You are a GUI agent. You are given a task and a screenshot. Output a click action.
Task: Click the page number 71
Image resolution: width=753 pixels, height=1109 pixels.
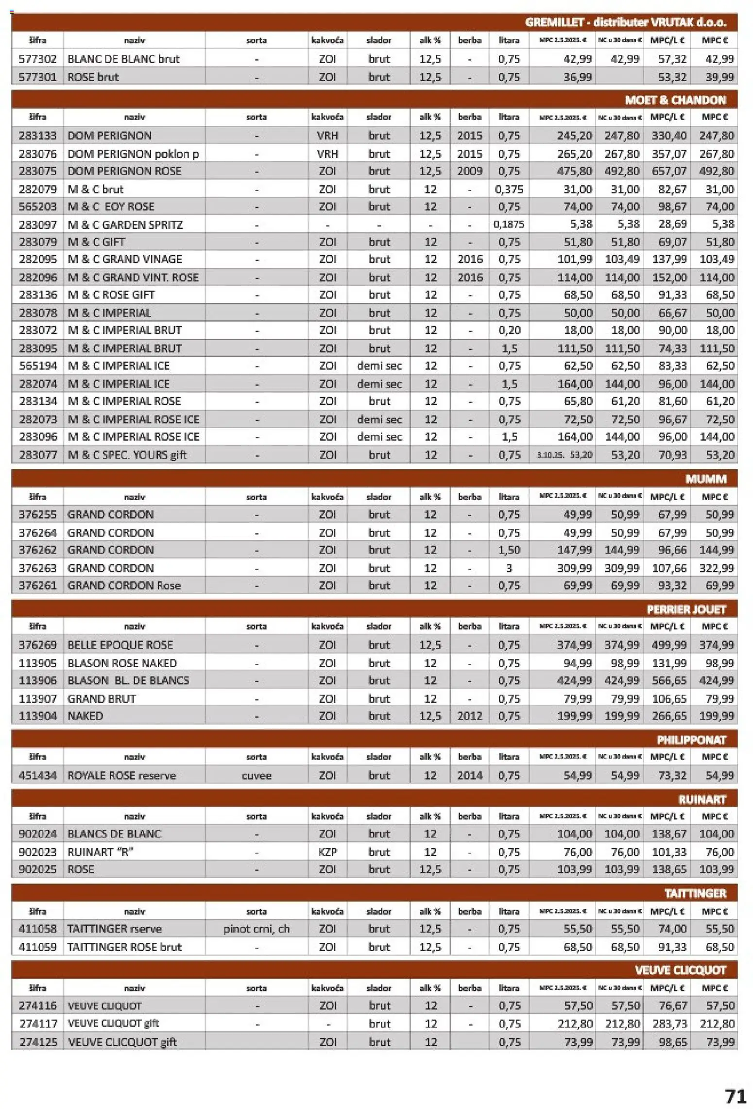[x=735, y=1096]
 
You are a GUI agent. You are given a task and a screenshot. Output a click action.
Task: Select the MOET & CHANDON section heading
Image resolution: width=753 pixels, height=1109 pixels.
[x=675, y=100]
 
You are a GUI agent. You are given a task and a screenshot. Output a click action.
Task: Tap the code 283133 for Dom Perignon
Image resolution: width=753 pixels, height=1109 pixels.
[x=37, y=136]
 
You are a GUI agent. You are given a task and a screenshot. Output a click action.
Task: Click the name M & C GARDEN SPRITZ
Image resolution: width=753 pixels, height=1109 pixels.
[x=125, y=225]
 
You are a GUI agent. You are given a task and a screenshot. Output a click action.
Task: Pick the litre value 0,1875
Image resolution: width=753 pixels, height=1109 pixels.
[x=509, y=225]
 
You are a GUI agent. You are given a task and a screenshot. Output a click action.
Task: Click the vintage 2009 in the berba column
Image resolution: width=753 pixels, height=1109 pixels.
[x=469, y=171]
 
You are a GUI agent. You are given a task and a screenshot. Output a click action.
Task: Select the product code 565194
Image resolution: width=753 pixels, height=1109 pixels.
[x=37, y=365]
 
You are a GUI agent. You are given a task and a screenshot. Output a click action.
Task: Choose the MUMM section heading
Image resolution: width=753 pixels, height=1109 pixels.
[x=705, y=479]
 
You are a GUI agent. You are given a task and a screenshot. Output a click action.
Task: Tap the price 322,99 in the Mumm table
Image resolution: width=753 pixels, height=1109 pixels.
[x=716, y=568]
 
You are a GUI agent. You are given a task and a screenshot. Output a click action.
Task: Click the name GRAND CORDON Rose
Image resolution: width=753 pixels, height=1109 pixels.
[x=124, y=586]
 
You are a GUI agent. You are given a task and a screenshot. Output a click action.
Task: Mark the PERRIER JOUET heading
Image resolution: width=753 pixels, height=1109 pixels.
[x=686, y=609]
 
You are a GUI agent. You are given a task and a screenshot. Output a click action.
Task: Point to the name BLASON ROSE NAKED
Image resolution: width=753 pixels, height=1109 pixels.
[x=122, y=663]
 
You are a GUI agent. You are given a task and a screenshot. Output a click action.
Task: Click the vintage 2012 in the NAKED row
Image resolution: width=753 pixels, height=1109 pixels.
[x=469, y=716]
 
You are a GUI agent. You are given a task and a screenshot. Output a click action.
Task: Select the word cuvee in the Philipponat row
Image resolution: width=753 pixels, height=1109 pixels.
[x=257, y=776]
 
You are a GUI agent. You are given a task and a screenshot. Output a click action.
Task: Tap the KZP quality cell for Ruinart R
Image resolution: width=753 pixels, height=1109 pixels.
[x=327, y=852]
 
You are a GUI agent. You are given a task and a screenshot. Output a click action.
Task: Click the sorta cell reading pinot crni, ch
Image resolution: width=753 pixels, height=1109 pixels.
[x=257, y=929]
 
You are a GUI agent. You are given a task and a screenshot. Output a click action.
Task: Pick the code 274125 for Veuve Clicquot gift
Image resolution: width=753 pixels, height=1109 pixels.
[x=38, y=1042]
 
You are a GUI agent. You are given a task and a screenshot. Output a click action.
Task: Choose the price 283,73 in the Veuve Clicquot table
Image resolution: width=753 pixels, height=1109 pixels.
[x=669, y=1024]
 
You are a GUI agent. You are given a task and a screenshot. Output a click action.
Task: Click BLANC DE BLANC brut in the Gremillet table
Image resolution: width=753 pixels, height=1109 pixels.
[x=123, y=59]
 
